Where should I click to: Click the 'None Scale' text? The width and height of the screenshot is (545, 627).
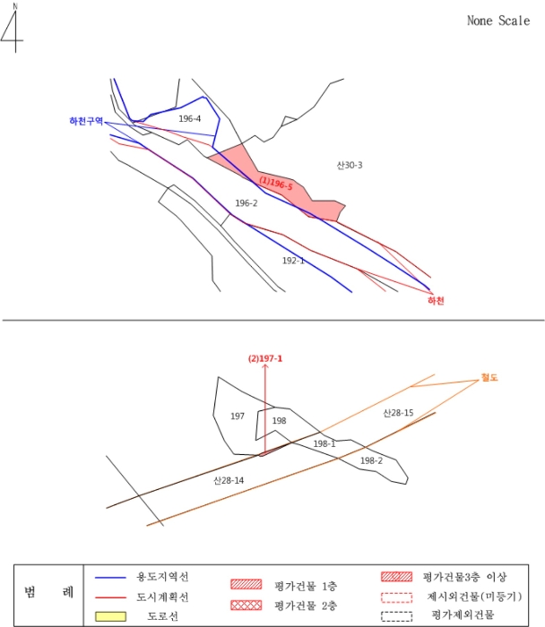tap(498, 21)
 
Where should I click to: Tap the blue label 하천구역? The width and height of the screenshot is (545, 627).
tap(86, 121)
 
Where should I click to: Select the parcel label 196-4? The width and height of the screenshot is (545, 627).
tap(189, 119)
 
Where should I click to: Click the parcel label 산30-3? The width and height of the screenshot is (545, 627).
tap(349, 165)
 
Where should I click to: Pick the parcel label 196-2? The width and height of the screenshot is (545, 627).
tap(247, 203)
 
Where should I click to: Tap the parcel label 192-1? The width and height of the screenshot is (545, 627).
tap(293, 261)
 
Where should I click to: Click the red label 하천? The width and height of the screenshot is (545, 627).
tap(436, 301)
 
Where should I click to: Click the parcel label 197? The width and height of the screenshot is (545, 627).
tap(238, 417)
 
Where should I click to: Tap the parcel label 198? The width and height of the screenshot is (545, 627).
tap(279, 420)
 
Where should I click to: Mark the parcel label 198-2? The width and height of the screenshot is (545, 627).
tap(371, 460)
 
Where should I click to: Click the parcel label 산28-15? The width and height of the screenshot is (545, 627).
tap(398, 413)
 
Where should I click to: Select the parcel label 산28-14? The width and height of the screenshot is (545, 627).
tap(229, 481)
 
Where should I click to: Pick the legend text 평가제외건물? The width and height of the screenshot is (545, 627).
tap(463, 615)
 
